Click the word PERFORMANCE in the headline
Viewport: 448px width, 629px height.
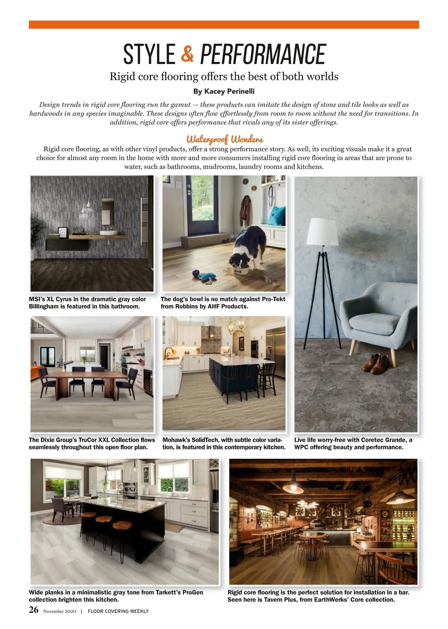click(x=263, y=55)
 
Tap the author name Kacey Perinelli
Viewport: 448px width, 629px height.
click(x=229, y=92)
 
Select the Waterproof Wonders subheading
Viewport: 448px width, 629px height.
click(x=225, y=139)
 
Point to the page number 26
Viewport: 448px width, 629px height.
click(x=34, y=610)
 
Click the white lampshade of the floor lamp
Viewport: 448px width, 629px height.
click(x=322, y=232)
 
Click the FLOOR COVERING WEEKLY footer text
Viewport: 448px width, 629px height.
click(x=118, y=611)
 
